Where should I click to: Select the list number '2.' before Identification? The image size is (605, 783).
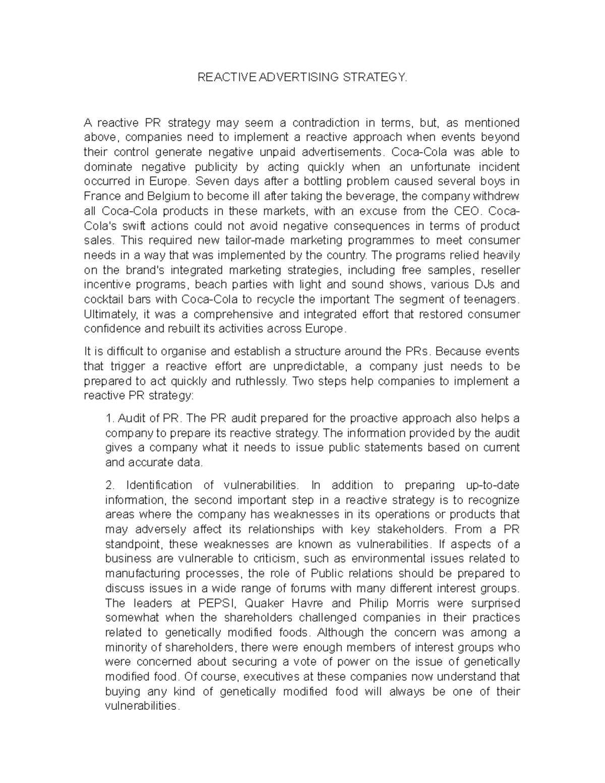coord(110,485)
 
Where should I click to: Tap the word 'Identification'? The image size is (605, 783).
coord(159,485)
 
